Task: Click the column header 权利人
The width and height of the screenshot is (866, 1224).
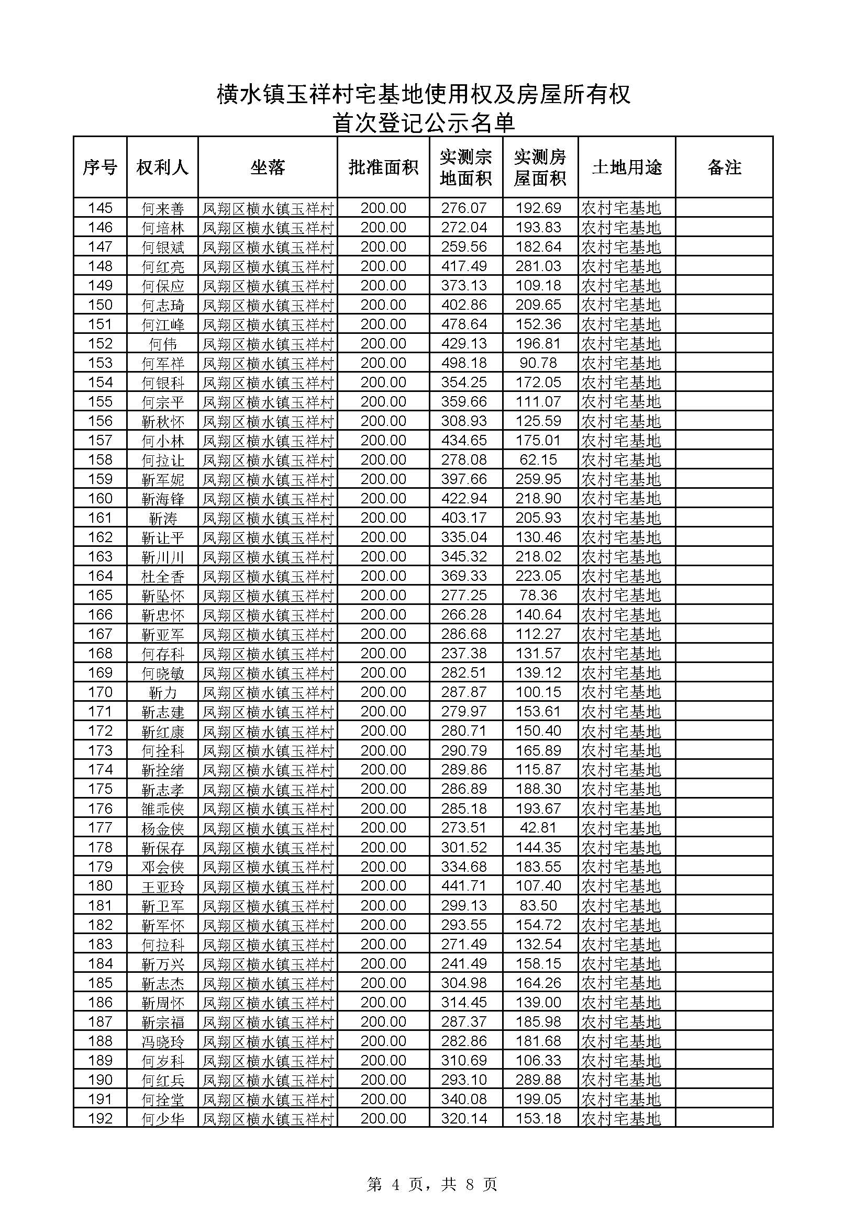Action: point(162,167)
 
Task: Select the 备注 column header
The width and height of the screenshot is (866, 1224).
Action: point(724,167)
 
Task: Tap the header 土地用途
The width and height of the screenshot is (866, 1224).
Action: point(627,167)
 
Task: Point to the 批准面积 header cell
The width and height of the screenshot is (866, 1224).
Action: point(383,167)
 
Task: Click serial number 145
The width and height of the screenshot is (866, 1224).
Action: point(100,208)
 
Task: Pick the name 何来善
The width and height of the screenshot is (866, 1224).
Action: point(163,208)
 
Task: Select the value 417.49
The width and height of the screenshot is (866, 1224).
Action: point(464,266)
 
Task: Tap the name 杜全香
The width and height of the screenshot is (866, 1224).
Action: point(163,576)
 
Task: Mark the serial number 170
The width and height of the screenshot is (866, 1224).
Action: point(100,692)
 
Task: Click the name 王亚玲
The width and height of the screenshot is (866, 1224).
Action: point(163,886)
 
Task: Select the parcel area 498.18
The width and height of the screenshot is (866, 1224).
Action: point(464,363)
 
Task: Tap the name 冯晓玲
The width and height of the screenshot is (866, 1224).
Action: point(163,1041)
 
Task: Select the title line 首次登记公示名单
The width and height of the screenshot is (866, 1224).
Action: point(424,123)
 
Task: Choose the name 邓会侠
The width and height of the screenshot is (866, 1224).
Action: point(163,867)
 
